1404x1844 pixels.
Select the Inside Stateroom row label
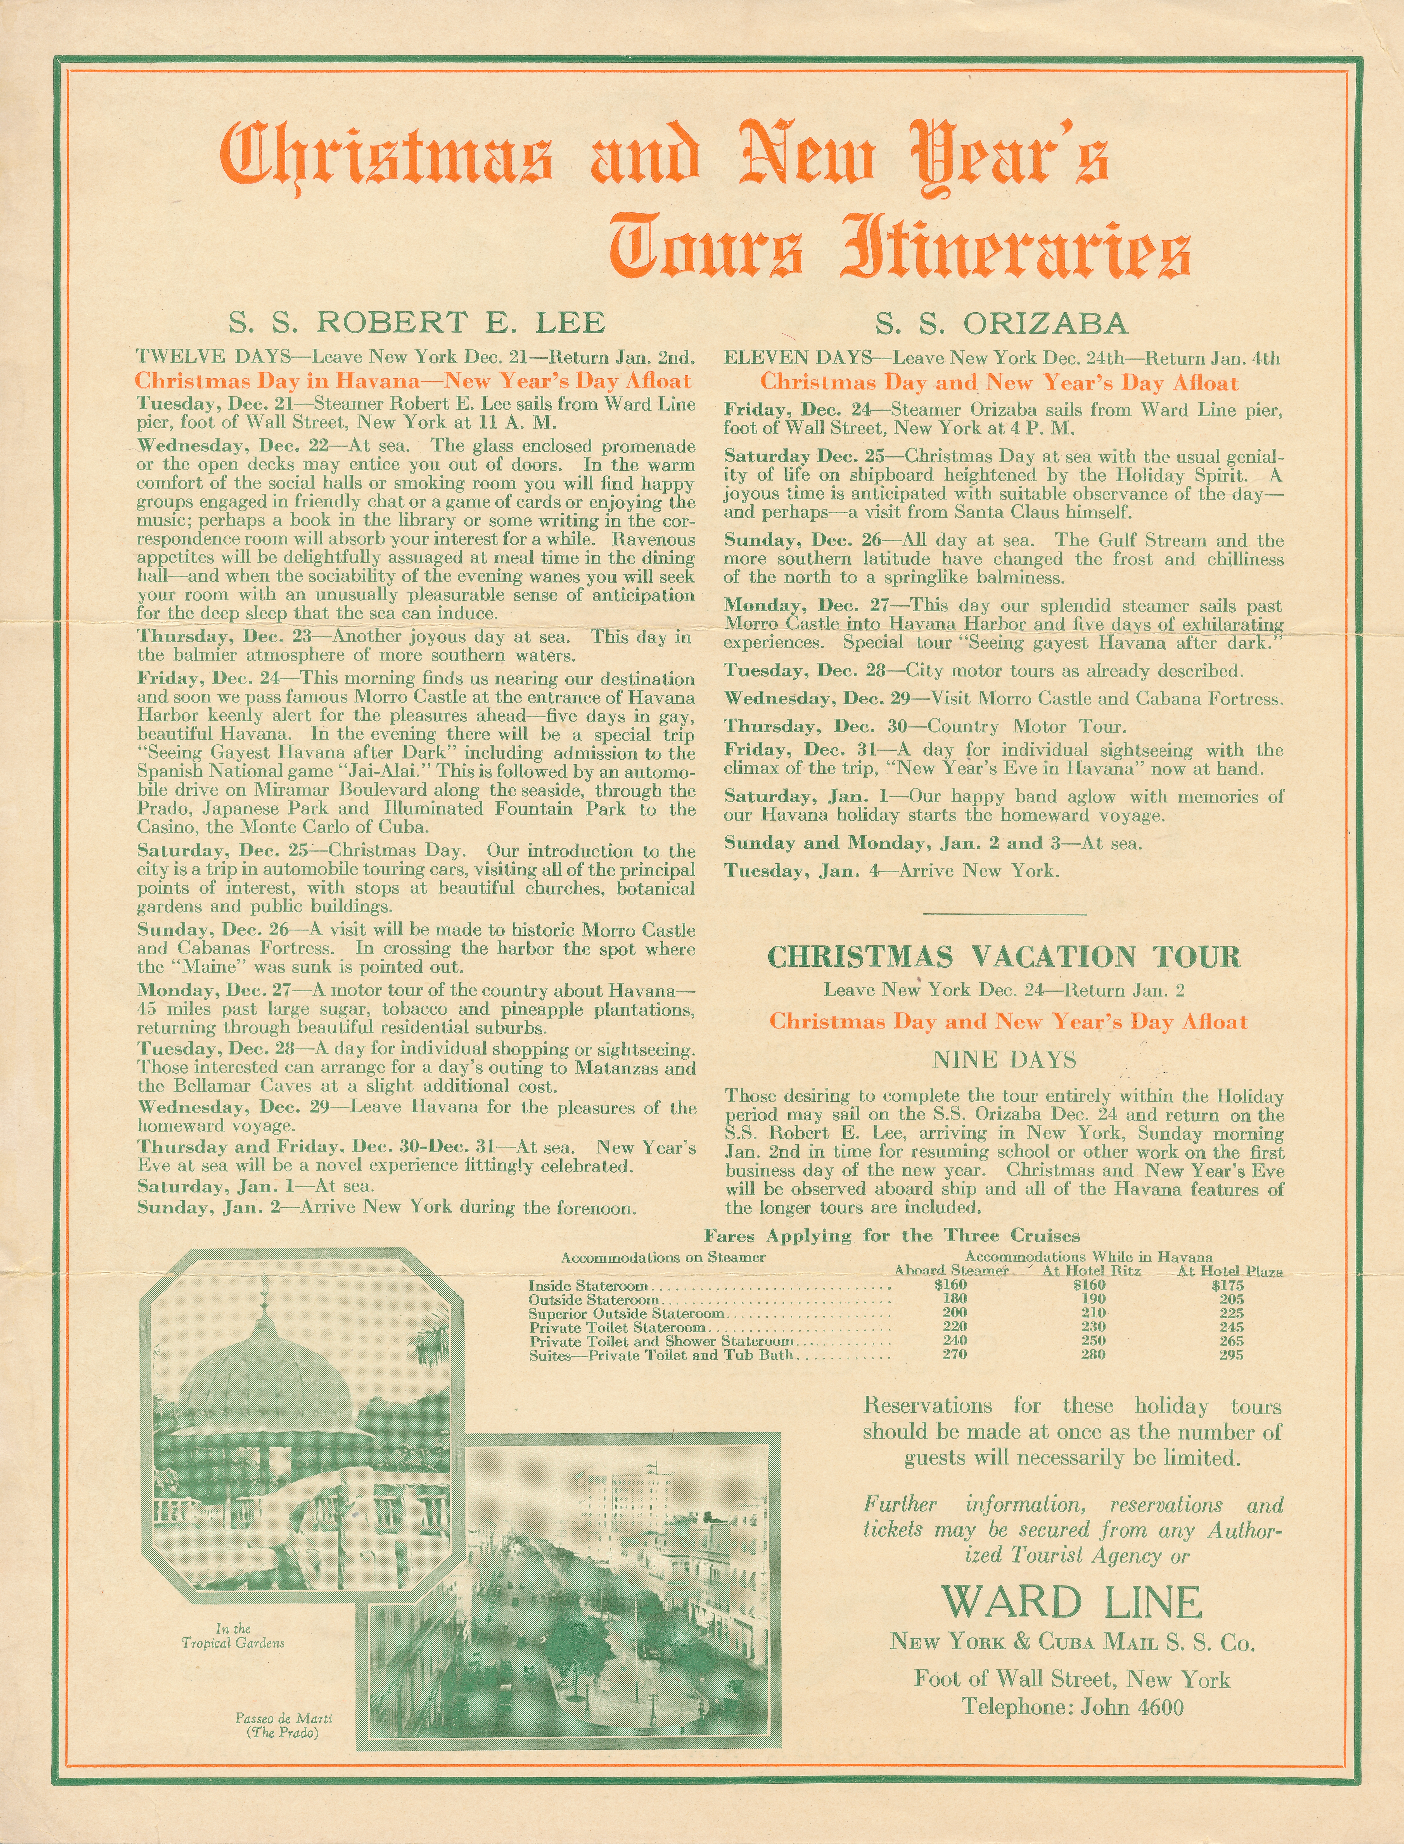tap(587, 1286)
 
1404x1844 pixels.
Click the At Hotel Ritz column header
tap(1091, 1271)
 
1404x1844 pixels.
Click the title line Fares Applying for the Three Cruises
tap(892, 1236)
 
